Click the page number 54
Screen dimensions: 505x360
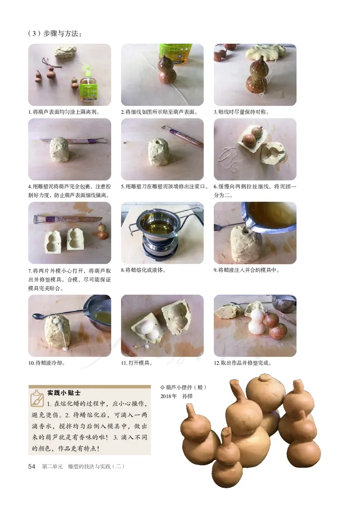pyautogui.click(x=31, y=467)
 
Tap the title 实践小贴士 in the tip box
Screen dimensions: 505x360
pyautogui.click(x=63, y=392)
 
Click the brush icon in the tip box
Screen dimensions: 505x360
pyautogui.click(x=37, y=398)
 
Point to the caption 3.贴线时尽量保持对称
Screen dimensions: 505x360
pyautogui.click(x=241, y=112)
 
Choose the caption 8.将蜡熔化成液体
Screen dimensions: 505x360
pyautogui.click(x=143, y=270)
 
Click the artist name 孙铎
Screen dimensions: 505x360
pyautogui.click(x=187, y=396)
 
